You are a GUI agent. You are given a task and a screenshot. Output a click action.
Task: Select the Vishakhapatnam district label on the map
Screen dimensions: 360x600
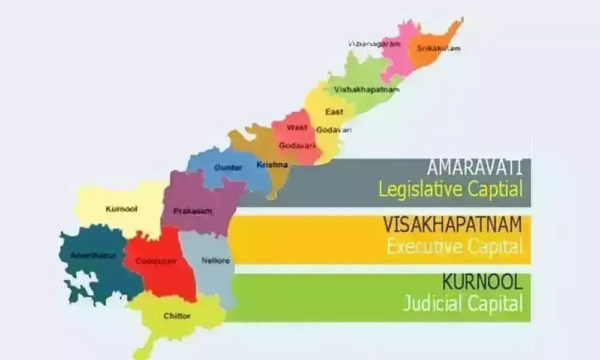coord(367,89)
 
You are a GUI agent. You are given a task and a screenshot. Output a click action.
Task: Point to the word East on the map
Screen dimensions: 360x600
coord(334,112)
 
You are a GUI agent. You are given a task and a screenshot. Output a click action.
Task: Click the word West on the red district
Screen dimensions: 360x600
coord(296,127)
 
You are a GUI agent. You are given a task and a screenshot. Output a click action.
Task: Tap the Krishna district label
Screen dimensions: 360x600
coord(272,164)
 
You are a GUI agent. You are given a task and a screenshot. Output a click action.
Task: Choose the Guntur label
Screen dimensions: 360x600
coord(229,168)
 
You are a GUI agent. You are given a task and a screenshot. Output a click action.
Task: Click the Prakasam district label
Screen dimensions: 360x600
coord(190,211)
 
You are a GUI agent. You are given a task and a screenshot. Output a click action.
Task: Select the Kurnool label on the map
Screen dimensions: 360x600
coord(121,209)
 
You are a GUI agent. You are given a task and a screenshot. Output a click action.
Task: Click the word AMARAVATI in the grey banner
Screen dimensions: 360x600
coord(474,167)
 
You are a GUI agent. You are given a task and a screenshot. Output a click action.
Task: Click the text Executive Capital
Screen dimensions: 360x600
coord(454,246)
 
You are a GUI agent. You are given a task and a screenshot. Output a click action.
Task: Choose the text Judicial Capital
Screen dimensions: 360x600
coord(462,303)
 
